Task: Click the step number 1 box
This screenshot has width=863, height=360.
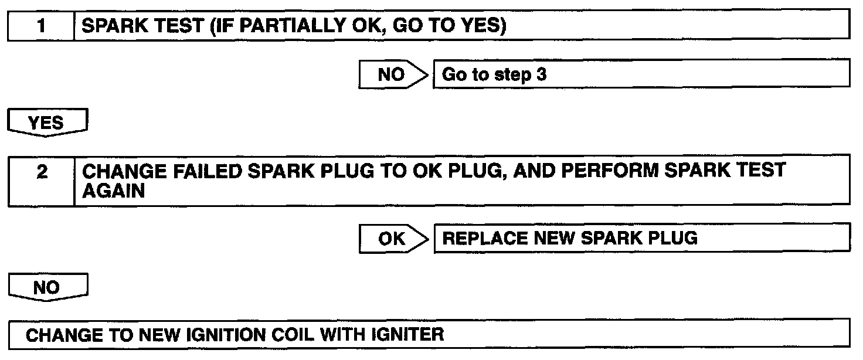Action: click(41, 27)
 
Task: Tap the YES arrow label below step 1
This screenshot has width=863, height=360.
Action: click(49, 123)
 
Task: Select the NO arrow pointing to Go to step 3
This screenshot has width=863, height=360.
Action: click(392, 75)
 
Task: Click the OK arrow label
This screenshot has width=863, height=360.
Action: click(392, 239)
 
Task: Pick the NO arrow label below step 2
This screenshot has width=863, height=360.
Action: click(49, 287)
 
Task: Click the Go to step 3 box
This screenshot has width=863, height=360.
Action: click(641, 75)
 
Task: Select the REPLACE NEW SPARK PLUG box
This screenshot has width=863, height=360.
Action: click(641, 239)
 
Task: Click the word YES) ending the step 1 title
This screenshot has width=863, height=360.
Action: click(482, 27)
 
